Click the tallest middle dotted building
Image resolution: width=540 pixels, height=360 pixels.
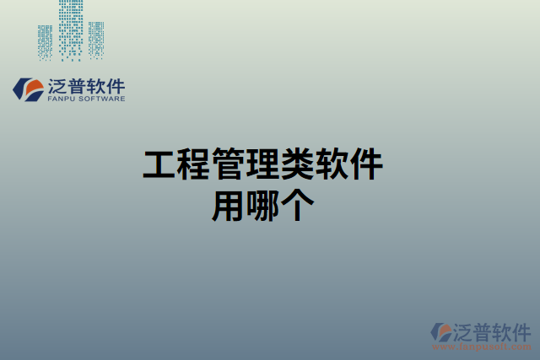pyautogui.click(x=71, y=30)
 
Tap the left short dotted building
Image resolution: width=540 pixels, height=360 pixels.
pyautogui.click(x=46, y=41)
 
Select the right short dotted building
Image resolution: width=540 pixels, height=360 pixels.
pyautogui.click(x=96, y=40)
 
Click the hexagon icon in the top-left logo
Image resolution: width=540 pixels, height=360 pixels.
pyautogui.click(x=30, y=89)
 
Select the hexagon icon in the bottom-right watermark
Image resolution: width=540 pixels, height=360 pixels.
pyautogui.click(x=442, y=331)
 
